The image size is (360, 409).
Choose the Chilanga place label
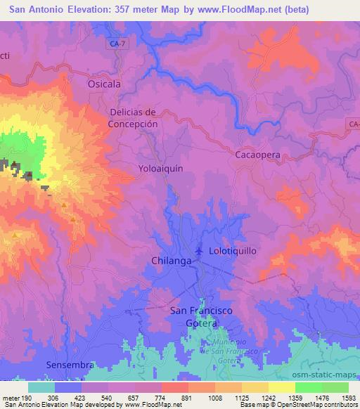pyautogui.click(x=171, y=261)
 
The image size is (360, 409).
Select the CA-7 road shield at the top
pyautogui.click(x=119, y=44)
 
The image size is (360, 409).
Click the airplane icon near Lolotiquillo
pyautogui.click(x=200, y=249)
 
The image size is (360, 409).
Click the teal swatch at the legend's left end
pyautogui.click(x=41, y=387)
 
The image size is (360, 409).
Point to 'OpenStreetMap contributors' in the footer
pyautogui.click(x=317, y=405)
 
